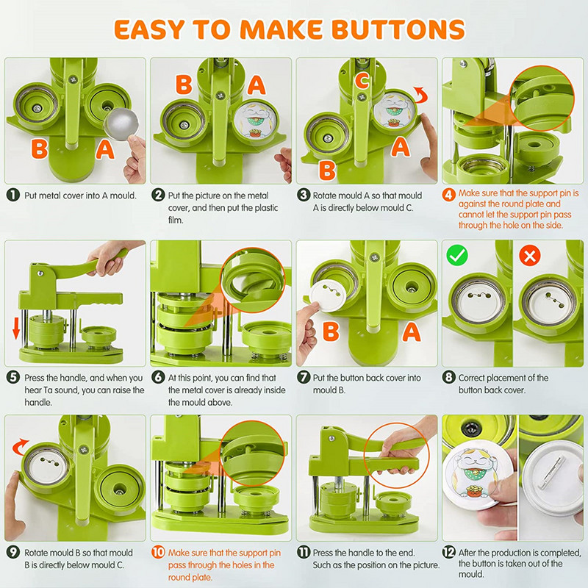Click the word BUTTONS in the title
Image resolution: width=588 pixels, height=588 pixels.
pyautogui.click(x=398, y=29)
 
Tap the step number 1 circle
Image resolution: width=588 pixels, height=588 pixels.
pyautogui.click(x=13, y=195)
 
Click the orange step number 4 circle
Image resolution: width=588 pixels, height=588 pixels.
pyautogui.click(x=448, y=195)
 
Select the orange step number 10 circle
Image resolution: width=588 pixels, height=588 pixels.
pyautogui.click(x=158, y=552)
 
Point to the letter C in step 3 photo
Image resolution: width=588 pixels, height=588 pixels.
pyautogui.click(x=362, y=81)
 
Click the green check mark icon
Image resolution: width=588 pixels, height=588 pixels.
pyautogui.click(x=457, y=255)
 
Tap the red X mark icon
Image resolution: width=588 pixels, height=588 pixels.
pyautogui.click(x=529, y=256)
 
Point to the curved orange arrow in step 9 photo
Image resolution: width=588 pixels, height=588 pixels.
pyautogui.click(x=20, y=445)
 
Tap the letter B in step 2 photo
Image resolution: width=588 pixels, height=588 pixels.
pyautogui.click(x=184, y=85)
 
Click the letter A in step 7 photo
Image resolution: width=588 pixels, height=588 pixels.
pyautogui.click(x=412, y=332)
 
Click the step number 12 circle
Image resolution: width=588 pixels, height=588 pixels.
pyautogui.click(x=448, y=552)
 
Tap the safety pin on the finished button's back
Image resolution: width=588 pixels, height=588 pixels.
pyautogui.click(x=551, y=472)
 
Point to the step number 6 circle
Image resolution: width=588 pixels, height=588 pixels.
pyautogui.click(x=158, y=377)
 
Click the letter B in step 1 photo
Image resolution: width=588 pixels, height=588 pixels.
pyautogui.click(x=40, y=148)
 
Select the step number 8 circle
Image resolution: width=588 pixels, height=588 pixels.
pyautogui.click(x=448, y=377)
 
